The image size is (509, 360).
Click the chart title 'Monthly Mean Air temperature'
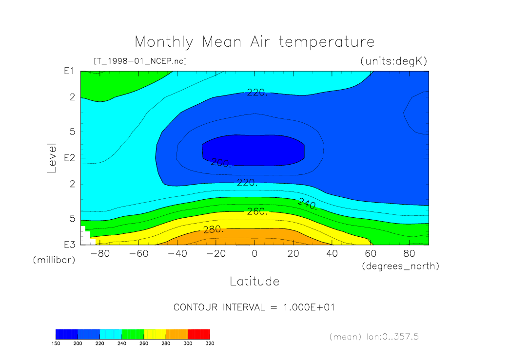pyautogui.click(x=254, y=42)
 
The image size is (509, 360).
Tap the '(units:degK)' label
pyautogui.click(x=393, y=61)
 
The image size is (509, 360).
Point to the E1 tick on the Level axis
pyautogui.click(x=69, y=71)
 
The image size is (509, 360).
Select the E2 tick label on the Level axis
pyautogui.click(x=69, y=158)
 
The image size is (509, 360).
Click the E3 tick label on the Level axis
pyautogui.click(x=69, y=245)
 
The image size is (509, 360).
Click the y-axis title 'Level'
pyautogui.click(x=52, y=158)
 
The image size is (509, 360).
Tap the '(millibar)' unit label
pyautogui.click(x=54, y=260)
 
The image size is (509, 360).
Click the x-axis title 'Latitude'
pyautogui.click(x=254, y=281)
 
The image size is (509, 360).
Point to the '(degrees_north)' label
pyautogui.click(x=400, y=266)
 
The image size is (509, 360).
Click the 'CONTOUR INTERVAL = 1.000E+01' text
pyautogui.click(x=254, y=307)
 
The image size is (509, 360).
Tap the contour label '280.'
pyautogui.click(x=213, y=229)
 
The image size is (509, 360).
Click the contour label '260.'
pyautogui.click(x=257, y=212)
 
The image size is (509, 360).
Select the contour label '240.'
pyautogui.click(x=308, y=204)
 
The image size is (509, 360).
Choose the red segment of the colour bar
pyautogui.click(x=199, y=334)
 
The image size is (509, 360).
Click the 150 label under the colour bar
pyautogui.click(x=56, y=343)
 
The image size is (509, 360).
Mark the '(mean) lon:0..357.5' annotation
pyautogui.click(x=374, y=337)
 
